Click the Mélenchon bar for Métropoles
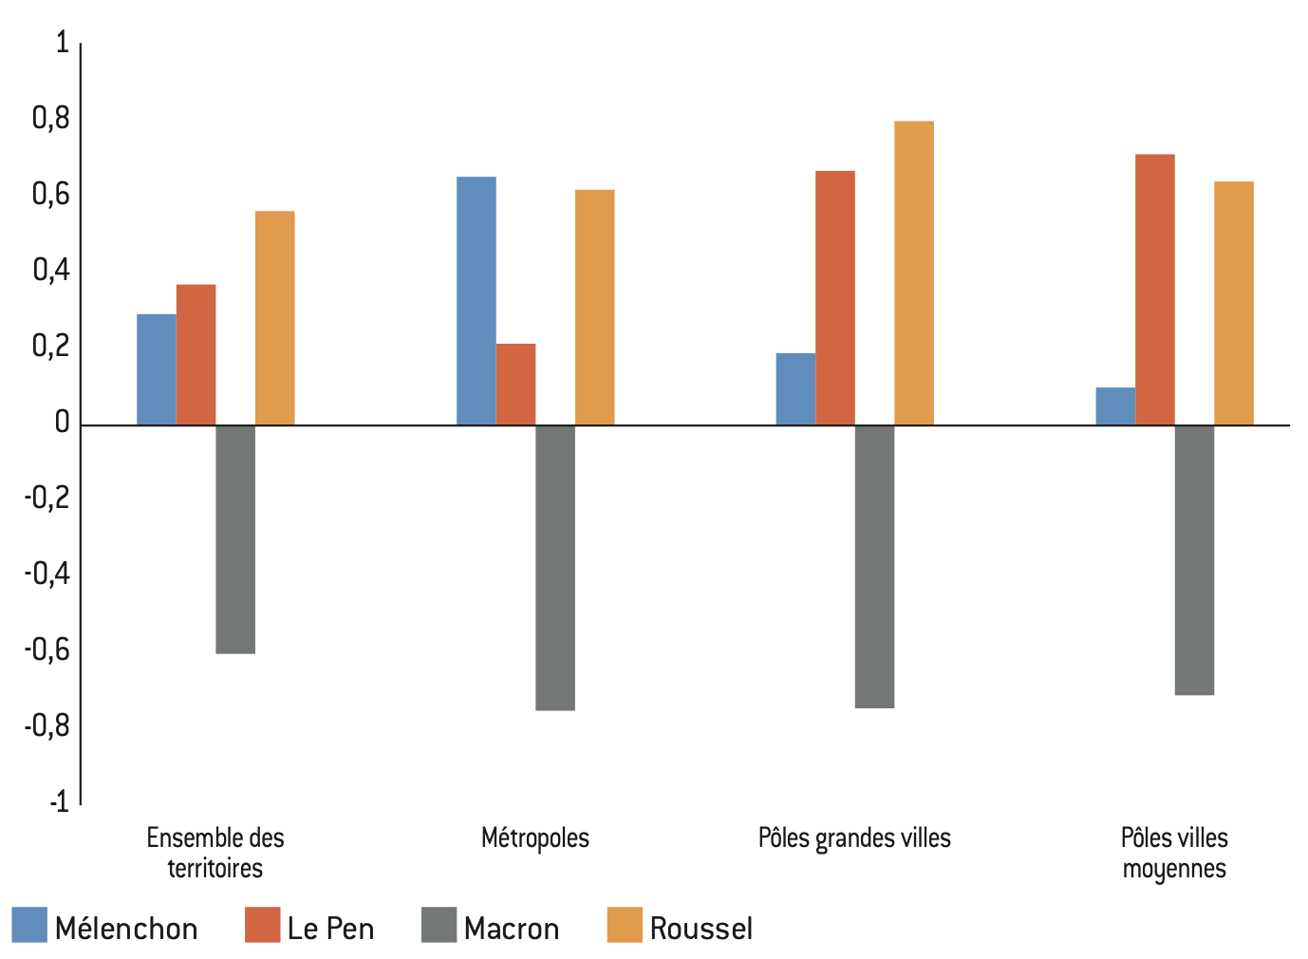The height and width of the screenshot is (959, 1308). [476, 301]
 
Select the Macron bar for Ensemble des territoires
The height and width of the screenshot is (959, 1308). [235, 539]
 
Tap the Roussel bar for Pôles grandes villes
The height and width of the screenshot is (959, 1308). [913, 273]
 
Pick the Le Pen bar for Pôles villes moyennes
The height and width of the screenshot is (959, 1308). [1154, 290]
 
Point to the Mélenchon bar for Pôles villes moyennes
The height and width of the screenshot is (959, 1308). [1114, 406]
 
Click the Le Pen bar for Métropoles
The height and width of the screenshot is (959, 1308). [515, 385]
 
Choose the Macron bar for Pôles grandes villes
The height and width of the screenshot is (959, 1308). [874, 567]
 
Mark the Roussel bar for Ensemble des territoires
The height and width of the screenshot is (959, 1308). [274, 318]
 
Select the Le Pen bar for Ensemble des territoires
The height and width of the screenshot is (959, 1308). [196, 355]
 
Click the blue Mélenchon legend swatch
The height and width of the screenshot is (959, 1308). [29, 925]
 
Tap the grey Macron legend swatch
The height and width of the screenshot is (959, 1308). [439, 925]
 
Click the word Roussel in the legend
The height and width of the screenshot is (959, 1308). [701, 928]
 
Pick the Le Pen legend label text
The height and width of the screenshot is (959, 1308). [330, 928]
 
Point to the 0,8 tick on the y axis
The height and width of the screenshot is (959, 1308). [51, 119]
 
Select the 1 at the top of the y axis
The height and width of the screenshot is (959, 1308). [63, 43]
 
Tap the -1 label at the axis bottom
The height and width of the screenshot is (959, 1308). [58, 802]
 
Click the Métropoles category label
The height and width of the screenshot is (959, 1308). [535, 838]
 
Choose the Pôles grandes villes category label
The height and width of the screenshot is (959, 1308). [854, 838]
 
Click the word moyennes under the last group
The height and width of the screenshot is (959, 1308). [1174, 869]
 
